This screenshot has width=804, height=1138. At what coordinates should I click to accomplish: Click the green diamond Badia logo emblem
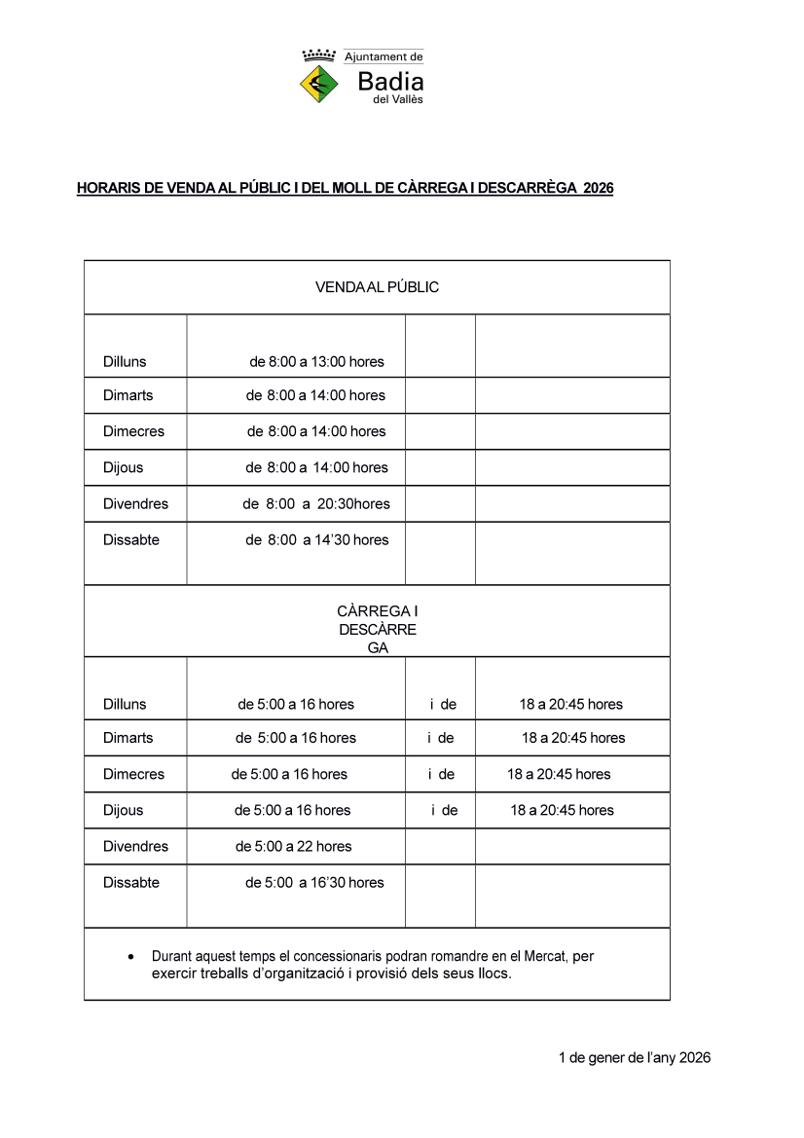(x=318, y=84)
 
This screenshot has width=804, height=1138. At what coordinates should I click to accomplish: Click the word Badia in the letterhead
(x=390, y=82)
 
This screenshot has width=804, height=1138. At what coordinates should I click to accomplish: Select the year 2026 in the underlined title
(x=598, y=188)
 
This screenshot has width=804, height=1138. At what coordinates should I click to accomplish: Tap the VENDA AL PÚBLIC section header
(x=377, y=287)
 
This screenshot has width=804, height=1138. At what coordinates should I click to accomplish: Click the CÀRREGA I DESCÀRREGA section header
(x=377, y=629)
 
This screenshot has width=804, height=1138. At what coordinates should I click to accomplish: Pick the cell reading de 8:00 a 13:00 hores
(x=316, y=362)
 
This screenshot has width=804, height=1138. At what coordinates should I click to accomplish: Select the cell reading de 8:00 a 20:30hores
(x=316, y=504)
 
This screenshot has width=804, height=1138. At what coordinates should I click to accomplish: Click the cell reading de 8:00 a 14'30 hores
(x=316, y=540)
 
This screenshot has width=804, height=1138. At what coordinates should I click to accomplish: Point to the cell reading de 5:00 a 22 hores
(x=293, y=847)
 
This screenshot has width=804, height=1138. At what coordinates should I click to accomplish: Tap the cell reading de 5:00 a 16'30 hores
(x=313, y=883)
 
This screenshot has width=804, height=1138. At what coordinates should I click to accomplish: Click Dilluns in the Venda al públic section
(x=125, y=362)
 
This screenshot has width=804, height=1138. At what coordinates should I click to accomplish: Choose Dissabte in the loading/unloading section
(x=131, y=883)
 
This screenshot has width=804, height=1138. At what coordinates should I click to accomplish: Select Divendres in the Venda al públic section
(x=135, y=504)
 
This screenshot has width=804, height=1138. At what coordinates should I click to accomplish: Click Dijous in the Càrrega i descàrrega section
(x=123, y=811)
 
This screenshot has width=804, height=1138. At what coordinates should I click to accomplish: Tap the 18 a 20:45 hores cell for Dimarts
(x=573, y=738)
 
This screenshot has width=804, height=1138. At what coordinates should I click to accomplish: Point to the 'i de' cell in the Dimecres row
(x=441, y=775)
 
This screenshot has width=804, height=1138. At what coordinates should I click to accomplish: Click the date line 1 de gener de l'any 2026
(x=634, y=1058)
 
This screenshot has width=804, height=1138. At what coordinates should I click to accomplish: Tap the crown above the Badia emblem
(x=318, y=55)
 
